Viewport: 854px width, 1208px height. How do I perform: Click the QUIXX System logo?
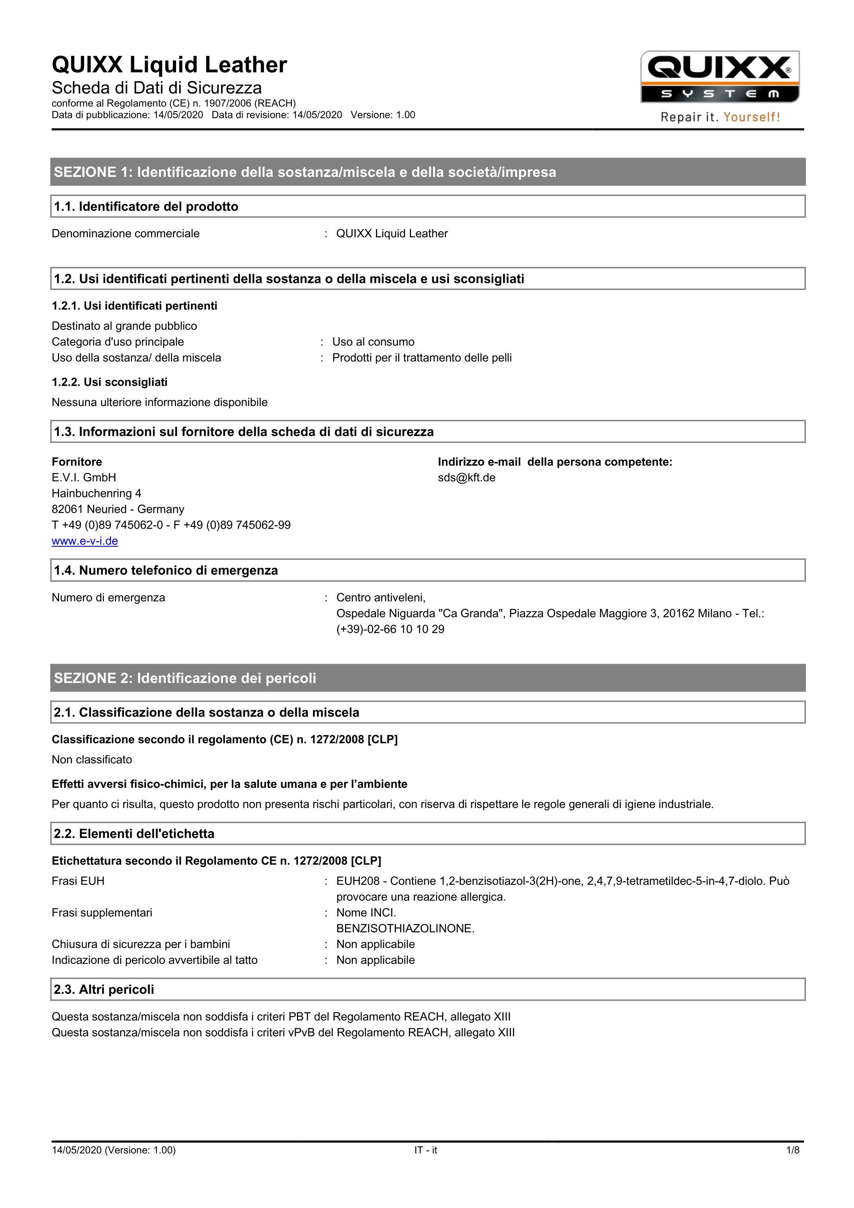719,77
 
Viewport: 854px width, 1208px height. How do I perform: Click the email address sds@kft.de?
466,478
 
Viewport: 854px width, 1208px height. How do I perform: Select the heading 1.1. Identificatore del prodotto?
146,206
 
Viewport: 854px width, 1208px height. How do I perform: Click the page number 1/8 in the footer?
793,1150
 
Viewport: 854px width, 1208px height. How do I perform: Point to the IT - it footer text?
425,1150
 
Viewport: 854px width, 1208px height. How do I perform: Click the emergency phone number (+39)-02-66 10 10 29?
390,629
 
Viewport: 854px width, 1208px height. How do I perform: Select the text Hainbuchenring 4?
96,493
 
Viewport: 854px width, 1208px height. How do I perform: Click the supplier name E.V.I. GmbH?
84,478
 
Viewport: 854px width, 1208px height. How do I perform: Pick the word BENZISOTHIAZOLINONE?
405,928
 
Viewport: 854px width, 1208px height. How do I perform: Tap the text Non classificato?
92,759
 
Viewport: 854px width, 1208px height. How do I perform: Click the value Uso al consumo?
373,342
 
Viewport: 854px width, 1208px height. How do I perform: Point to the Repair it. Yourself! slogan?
720,117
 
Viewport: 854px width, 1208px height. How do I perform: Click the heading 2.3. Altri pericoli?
104,989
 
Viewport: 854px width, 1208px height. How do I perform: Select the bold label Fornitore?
77,462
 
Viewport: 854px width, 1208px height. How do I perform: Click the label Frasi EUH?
78,881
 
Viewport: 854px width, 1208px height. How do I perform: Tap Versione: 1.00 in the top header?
383,115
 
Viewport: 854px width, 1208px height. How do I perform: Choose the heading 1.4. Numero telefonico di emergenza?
165,570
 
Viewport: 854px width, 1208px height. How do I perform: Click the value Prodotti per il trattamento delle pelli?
422,358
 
